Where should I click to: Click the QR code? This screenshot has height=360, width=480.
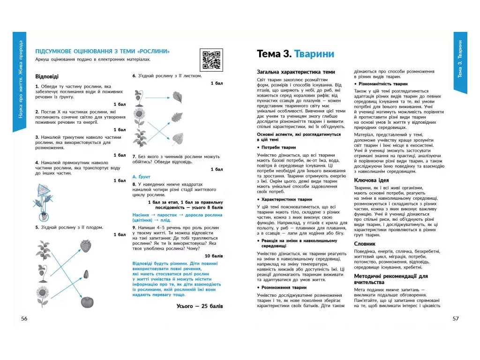(211, 60)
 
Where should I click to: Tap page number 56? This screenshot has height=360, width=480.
(24, 318)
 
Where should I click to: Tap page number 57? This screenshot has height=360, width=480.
(456, 318)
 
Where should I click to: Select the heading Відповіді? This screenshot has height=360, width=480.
(47, 76)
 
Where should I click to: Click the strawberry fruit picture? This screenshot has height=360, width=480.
(86, 246)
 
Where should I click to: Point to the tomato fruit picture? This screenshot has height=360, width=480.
(87, 302)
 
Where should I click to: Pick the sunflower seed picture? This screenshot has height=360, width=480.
(86, 274)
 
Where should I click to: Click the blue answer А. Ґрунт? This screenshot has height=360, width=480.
(141, 177)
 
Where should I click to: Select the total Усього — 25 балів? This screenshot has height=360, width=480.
(200, 306)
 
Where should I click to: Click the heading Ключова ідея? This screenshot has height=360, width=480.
(371, 180)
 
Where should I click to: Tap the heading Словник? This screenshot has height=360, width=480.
(365, 244)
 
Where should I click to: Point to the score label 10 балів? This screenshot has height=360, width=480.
(214, 256)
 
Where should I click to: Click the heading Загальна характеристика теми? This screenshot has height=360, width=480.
(296, 72)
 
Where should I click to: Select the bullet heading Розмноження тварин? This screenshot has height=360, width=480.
(284, 287)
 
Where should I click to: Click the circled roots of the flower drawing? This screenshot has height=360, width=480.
(44, 217)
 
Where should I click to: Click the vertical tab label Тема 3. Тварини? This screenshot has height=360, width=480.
(460, 59)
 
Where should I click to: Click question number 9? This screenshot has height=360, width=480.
(134, 228)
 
